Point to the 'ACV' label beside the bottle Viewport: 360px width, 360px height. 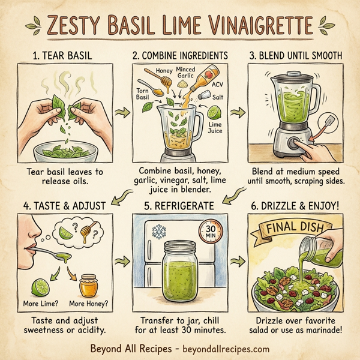[x=217, y=85]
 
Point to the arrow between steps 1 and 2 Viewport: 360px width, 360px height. [x=122, y=112]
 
